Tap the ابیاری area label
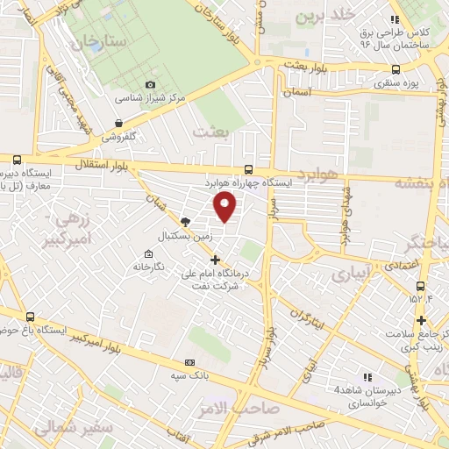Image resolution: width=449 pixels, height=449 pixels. click(351, 274)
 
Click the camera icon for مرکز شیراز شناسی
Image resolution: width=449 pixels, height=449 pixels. click(150, 83)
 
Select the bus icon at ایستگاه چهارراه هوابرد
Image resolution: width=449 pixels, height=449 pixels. click(248, 170)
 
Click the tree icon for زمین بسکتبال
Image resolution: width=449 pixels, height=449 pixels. click(183, 223)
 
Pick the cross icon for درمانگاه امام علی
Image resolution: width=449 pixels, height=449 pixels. click(216, 260)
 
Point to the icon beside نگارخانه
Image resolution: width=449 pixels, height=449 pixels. click(138, 265)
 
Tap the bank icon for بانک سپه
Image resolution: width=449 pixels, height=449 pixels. click(189, 362)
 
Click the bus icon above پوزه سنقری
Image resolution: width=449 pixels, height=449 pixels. click(396, 68)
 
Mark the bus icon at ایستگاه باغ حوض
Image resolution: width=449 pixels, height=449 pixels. click(31, 317)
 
